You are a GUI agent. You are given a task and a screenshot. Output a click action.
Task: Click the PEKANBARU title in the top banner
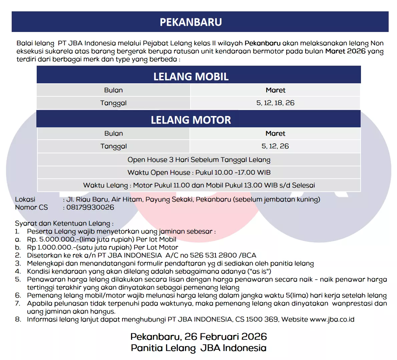point(191,22)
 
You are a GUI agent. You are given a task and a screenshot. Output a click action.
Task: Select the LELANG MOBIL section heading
point(191,76)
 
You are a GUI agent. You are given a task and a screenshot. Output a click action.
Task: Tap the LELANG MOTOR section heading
point(191,120)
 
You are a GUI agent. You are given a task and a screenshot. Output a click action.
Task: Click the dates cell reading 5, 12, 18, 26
point(275,103)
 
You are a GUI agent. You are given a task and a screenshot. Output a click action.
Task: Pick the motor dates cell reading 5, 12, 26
point(275,146)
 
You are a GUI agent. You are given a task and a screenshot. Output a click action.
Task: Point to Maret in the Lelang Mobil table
point(276,90)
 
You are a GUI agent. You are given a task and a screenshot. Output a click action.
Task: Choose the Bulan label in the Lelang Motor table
point(113,133)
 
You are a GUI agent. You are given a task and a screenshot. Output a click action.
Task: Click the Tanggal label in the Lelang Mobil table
point(113,103)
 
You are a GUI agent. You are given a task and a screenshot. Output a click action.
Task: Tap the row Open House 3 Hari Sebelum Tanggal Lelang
point(199,160)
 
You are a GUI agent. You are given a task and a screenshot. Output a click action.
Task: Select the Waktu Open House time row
point(199,172)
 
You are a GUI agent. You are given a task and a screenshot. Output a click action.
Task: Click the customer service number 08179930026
point(90,207)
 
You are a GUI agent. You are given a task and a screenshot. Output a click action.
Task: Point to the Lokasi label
point(25,199)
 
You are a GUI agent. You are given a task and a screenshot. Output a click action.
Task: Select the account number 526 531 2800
point(213,255)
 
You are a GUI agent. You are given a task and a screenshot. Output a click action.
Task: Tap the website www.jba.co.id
point(332,319)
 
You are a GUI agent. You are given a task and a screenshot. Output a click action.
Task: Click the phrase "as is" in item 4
point(262,271)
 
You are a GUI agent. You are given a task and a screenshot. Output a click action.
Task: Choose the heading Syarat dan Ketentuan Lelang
point(64,223)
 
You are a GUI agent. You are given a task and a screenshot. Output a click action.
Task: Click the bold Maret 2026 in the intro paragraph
point(345,51)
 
